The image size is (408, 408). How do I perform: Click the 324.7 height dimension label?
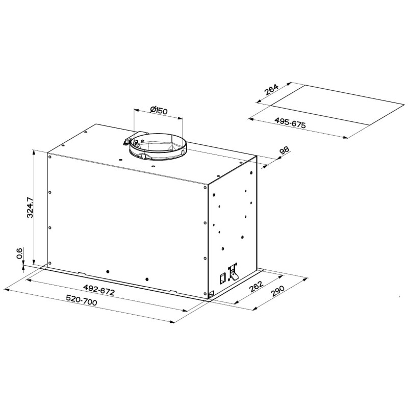(30, 208)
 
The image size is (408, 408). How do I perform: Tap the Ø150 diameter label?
(159, 110)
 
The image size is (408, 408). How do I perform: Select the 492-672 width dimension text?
(99, 290)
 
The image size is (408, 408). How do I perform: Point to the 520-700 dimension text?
(82, 300)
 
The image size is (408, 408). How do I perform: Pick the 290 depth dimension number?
(277, 291)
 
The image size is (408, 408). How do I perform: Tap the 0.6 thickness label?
(19, 253)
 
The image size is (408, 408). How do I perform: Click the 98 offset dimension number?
(284, 151)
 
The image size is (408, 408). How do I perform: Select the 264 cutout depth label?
(271, 90)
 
